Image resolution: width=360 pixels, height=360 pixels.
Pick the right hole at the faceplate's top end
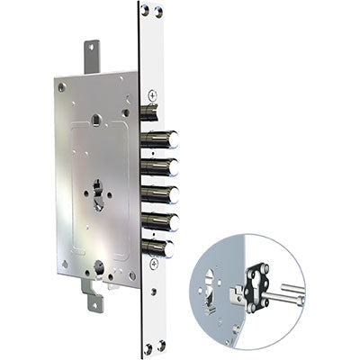[158, 10]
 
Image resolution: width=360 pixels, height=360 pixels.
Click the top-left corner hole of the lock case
[62, 88]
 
